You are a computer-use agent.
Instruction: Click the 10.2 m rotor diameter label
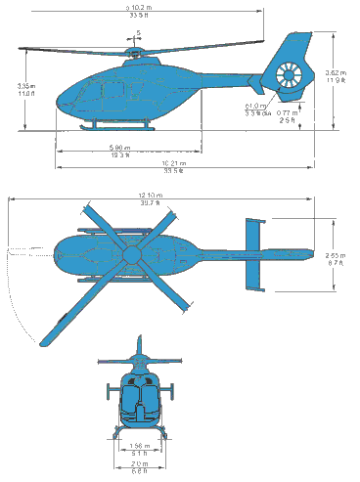(x=144, y=11)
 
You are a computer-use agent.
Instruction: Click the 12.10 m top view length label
(x=150, y=200)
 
